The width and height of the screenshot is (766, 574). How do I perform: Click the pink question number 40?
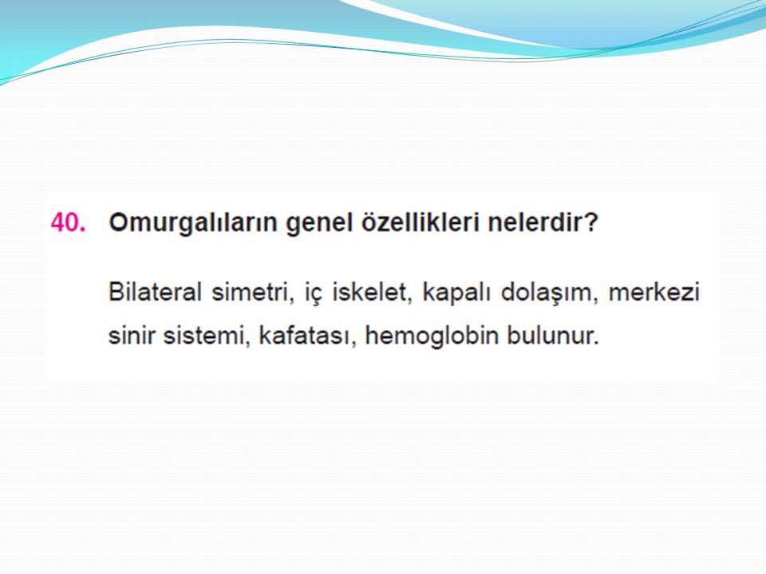(68, 222)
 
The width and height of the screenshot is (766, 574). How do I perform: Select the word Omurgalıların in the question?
(193, 222)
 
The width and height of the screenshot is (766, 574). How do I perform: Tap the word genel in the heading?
(319, 224)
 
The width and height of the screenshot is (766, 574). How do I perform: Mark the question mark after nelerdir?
(590, 222)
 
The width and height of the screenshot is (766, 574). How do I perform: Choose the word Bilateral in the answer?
(155, 292)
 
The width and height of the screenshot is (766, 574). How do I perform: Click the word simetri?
(251, 293)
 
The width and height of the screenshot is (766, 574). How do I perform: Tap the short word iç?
(314, 293)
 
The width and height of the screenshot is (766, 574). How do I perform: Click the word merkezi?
(654, 292)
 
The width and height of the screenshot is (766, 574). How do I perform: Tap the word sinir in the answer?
(131, 336)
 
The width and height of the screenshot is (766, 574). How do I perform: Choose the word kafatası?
(303, 336)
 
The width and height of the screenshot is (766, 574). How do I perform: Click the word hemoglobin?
(432, 336)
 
